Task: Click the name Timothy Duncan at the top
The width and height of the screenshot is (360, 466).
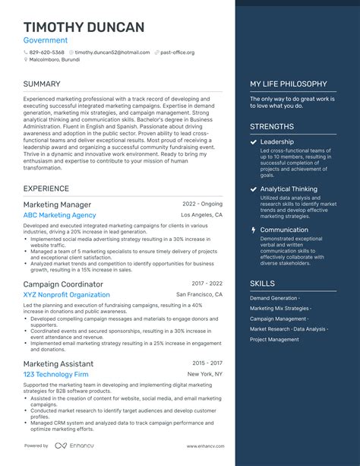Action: [x=84, y=27]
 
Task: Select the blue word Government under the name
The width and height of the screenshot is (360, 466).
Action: [x=46, y=40]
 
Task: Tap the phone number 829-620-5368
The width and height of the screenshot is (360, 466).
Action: [x=46, y=52]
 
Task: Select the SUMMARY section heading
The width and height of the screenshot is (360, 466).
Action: [x=42, y=84]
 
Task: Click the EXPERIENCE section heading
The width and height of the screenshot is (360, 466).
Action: [x=46, y=189]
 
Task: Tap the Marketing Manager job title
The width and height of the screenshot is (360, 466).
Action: [x=57, y=205]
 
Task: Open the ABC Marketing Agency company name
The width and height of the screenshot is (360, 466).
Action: [x=59, y=215]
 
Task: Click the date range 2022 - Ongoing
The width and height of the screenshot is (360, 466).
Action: [x=203, y=204]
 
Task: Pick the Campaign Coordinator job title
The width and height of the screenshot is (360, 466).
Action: [x=63, y=284]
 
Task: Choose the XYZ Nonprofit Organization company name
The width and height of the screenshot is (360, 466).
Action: [x=66, y=295]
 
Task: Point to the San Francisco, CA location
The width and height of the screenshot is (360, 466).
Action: [x=200, y=294]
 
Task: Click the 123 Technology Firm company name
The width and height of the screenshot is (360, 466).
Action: [x=55, y=375]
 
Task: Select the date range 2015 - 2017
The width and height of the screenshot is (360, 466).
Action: [x=207, y=364]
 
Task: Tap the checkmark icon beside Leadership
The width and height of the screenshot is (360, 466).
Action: [x=253, y=142]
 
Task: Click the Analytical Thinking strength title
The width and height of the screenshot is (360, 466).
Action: [x=289, y=189]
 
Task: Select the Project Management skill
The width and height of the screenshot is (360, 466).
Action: [x=274, y=340]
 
